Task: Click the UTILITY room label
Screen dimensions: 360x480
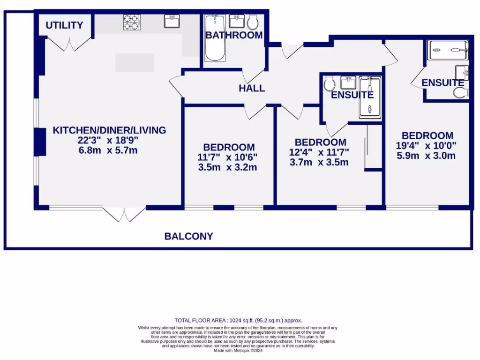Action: click(64, 25)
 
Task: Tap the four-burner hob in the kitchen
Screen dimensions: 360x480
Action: click(132, 22)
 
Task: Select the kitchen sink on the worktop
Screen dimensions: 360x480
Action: click(172, 22)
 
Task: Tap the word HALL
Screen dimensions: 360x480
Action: click(252, 88)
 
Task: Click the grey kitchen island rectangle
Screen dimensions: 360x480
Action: click(135, 62)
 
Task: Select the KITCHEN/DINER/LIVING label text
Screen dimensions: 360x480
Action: click(109, 130)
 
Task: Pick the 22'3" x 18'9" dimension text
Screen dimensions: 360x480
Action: click(109, 140)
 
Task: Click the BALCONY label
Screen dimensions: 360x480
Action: click(188, 236)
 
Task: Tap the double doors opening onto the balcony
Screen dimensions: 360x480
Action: click(124, 214)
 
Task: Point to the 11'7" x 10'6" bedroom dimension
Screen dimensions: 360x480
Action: click(227, 157)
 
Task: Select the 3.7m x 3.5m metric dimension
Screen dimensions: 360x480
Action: click(319, 163)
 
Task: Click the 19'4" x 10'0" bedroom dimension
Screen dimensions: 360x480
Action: click(426, 146)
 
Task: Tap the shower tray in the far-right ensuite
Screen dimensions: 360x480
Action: click(449, 50)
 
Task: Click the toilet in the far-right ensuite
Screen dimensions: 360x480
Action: click(461, 93)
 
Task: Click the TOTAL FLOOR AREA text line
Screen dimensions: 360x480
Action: click(238, 320)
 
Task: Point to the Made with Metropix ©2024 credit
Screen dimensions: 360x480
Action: click(238, 350)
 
